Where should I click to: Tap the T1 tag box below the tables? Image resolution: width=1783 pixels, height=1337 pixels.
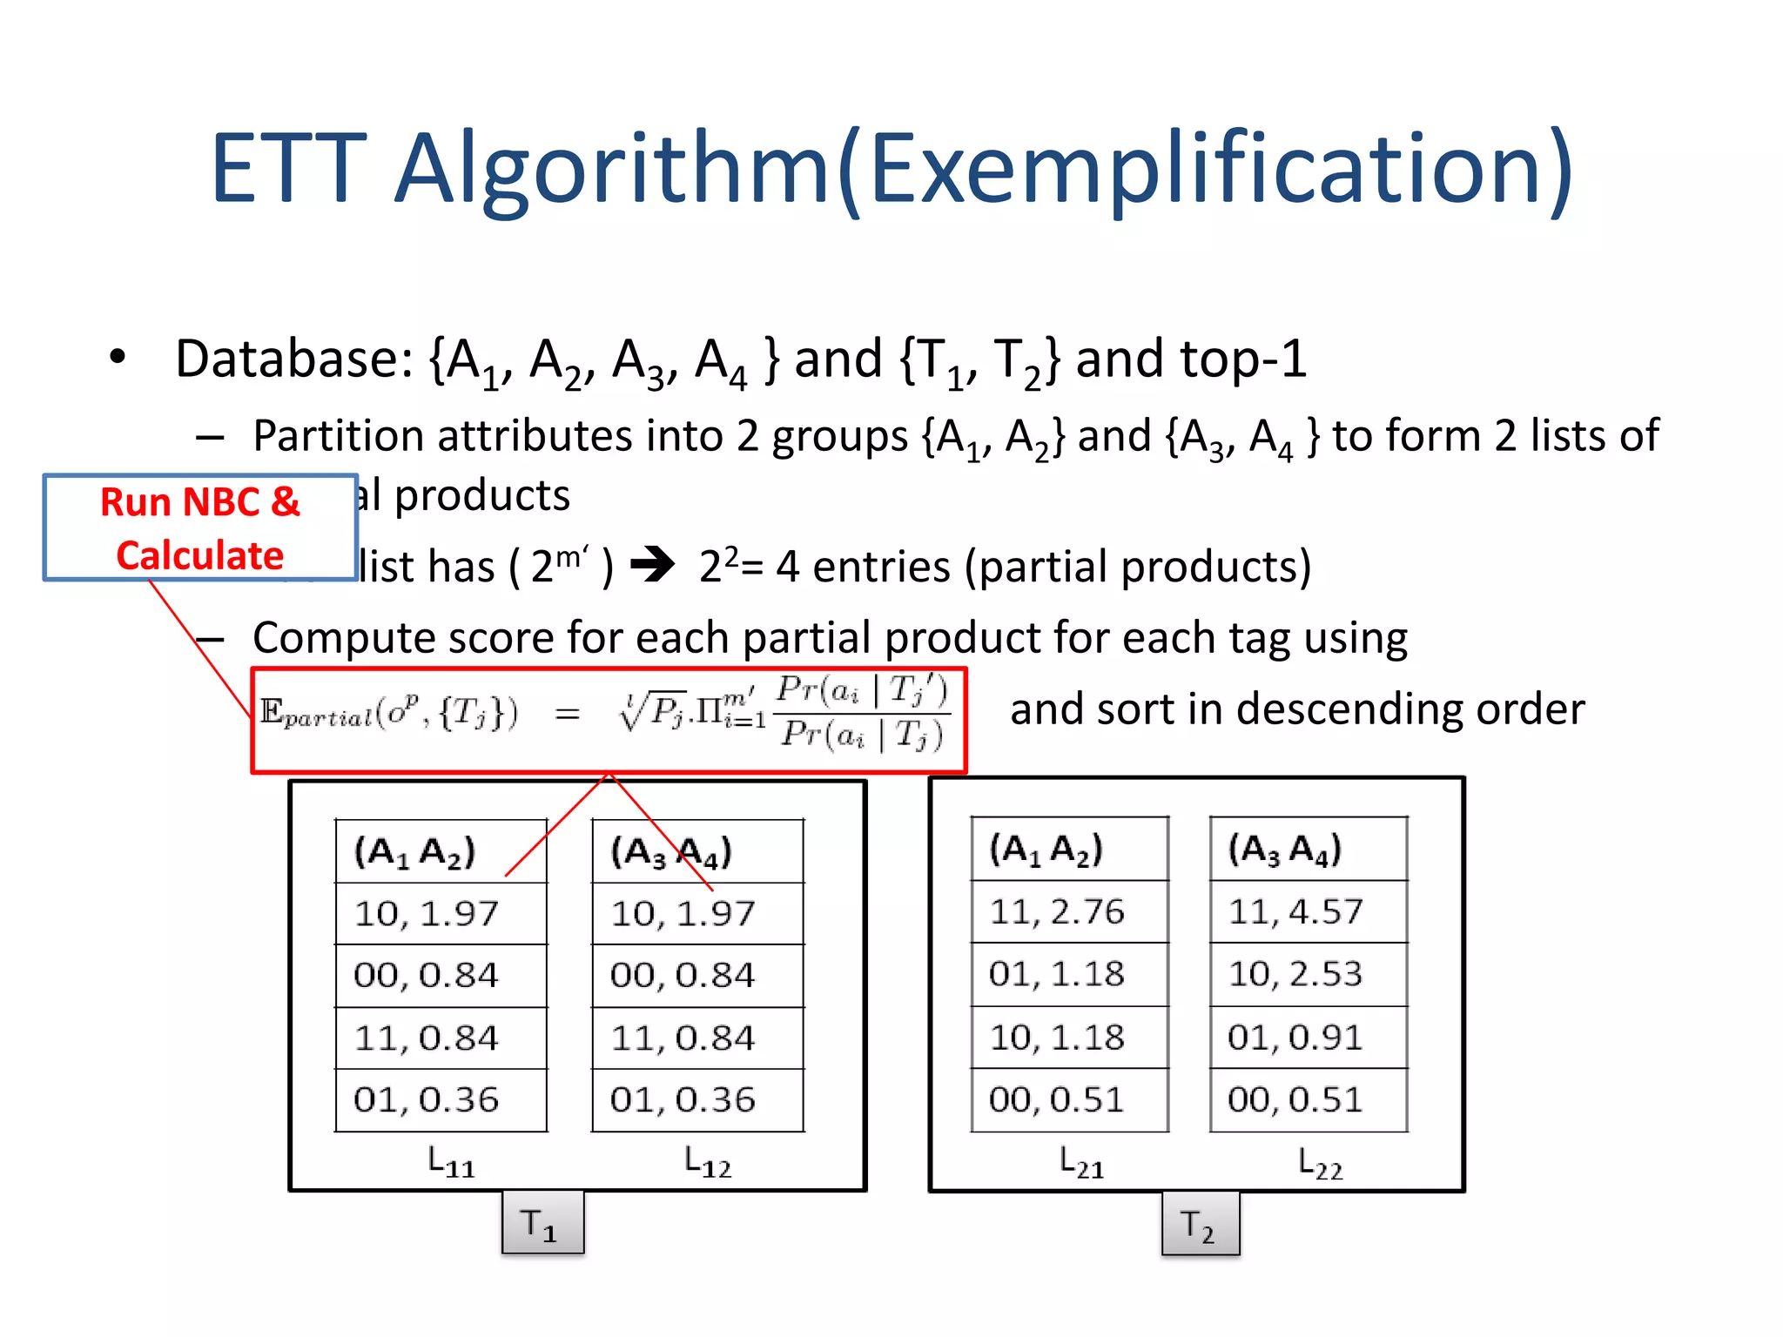tap(542, 1223)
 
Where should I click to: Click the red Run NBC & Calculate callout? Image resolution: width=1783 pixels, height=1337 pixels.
tap(200, 528)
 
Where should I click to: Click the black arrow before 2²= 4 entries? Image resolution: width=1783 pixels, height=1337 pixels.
tap(652, 565)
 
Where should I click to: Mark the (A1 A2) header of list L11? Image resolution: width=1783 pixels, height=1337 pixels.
tap(415, 852)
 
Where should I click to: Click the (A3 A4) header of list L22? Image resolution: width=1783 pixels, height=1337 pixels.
tap(1285, 850)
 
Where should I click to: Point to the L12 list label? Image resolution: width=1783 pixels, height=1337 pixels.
tap(708, 1162)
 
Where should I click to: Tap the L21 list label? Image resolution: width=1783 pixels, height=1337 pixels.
tap(1081, 1162)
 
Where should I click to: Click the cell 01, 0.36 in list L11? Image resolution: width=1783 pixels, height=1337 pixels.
tap(427, 1100)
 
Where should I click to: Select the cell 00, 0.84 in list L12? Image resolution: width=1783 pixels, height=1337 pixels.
tap(683, 976)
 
